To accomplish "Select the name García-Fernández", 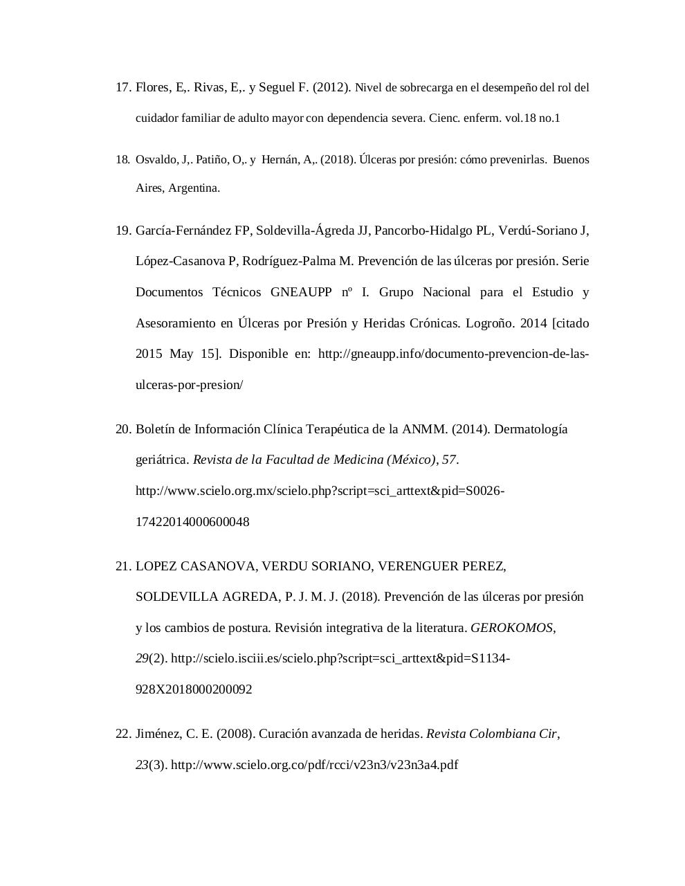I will coord(184,230).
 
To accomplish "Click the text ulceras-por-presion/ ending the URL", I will coord(189,385).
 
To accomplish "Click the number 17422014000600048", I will coord(192,522).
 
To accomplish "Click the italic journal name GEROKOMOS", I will coord(511,628).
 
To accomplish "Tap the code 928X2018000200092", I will coord(194,689).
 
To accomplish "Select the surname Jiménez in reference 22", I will coord(158,734).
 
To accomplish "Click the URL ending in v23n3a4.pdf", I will coord(314,765).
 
